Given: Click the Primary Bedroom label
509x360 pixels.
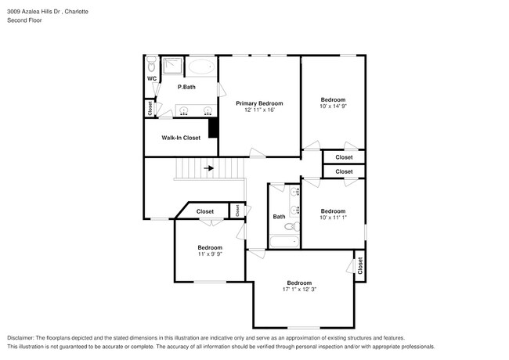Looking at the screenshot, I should pos(259,103).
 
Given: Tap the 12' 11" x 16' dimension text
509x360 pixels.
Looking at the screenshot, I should pos(259,110).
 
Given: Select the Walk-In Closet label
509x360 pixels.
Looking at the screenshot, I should pos(181,138).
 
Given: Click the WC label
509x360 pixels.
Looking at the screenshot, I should pos(152,78).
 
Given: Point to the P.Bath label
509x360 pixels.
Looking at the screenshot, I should pos(186,87).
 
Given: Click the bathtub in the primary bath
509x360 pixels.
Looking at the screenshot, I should pos(202,67).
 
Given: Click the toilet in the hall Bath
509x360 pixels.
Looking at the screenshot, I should pos(290,227).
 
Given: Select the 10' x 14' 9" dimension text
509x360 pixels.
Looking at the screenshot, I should pos(333,106).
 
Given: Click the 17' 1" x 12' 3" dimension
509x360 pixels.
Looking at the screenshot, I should pos(300,290).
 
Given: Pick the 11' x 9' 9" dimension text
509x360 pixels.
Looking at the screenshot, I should pos(210,254).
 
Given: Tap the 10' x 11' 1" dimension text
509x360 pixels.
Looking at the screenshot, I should pos(333,218).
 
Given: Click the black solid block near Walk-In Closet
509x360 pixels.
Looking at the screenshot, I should pos(212,127).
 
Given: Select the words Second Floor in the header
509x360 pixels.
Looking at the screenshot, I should pos(24,20).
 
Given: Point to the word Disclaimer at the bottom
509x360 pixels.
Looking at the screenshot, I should pos(23,337).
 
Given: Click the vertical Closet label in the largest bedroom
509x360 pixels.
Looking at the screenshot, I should pos(360,266).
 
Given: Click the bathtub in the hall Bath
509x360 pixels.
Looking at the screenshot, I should pos(284,241).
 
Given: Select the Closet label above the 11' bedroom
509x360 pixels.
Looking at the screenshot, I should pos(205,211).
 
